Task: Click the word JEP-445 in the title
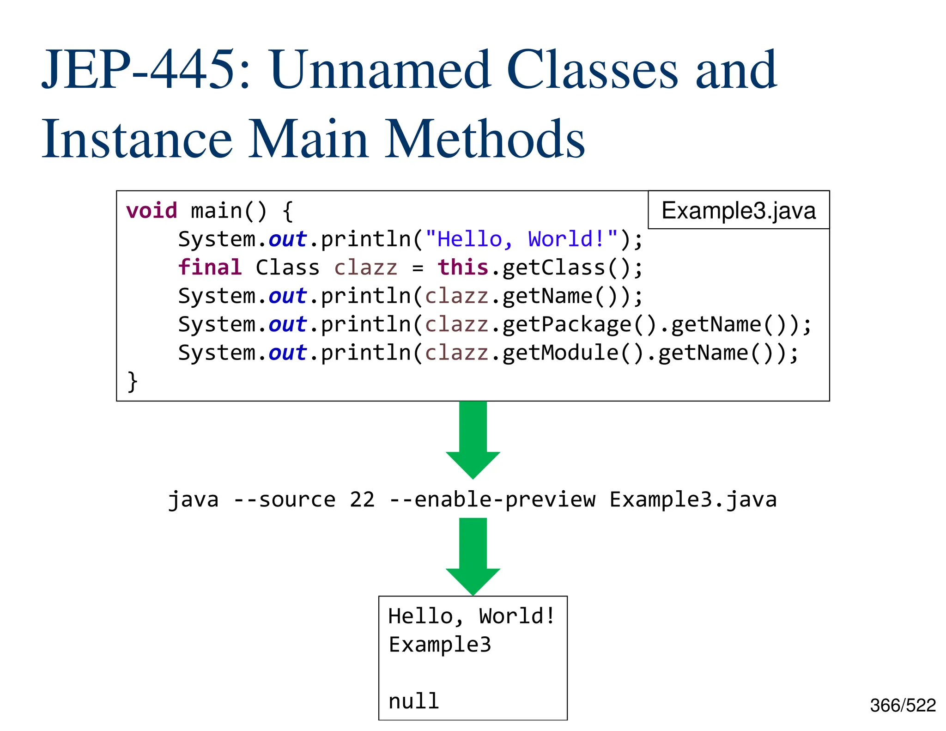pyautogui.click(x=139, y=70)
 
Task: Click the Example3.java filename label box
pyautogui.click(x=738, y=210)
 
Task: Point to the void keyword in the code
pyautogui.click(x=152, y=211)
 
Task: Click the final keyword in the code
pyautogui.click(x=210, y=268)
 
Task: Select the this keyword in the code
pyautogui.click(x=463, y=268)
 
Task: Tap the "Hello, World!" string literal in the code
pyautogui.click(x=522, y=239)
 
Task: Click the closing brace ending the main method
pyautogui.click(x=133, y=381)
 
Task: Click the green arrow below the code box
pyautogui.click(x=473, y=439)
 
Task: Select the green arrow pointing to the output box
pyautogui.click(x=473, y=555)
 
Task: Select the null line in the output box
pyautogui.click(x=413, y=701)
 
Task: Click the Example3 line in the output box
pyautogui.click(x=440, y=645)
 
